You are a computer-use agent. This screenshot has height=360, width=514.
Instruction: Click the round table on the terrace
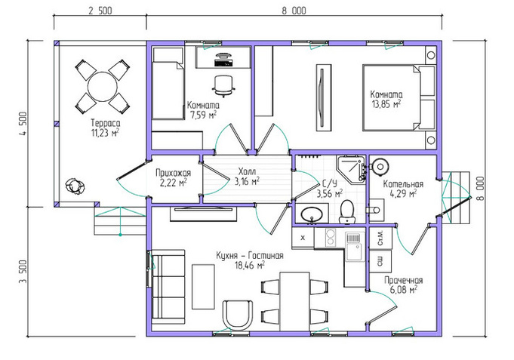pos(103,87)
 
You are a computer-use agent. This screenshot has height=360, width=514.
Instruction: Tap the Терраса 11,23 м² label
pos(105,128)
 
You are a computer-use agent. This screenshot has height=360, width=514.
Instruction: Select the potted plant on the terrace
pos(75,186)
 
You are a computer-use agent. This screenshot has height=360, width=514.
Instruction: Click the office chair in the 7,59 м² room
pos(224,86)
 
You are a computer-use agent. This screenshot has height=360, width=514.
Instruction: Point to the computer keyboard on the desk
pos(223,63)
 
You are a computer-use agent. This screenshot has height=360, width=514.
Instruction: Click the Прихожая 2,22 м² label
pos(173,177)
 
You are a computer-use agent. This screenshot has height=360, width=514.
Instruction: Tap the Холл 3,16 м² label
pos(247,177)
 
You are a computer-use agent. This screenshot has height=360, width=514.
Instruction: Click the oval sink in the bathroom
pos(312,214)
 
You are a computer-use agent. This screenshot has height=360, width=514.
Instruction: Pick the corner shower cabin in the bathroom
pos(351,169)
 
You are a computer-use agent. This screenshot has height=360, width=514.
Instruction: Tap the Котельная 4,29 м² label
pos(403,189)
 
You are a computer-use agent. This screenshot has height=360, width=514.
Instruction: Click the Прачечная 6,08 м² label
pos(404,285)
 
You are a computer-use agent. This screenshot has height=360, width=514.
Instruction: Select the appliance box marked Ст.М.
pos(380,238)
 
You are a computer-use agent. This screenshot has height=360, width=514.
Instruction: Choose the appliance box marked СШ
pos(380,261)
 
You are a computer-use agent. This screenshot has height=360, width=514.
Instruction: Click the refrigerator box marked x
pos(303,238)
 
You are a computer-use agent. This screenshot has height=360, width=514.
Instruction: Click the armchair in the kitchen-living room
pos(238,313)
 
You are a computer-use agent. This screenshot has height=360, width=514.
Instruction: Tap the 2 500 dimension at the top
pos(100,11)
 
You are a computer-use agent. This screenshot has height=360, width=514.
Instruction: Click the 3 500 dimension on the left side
pos(23,272)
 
